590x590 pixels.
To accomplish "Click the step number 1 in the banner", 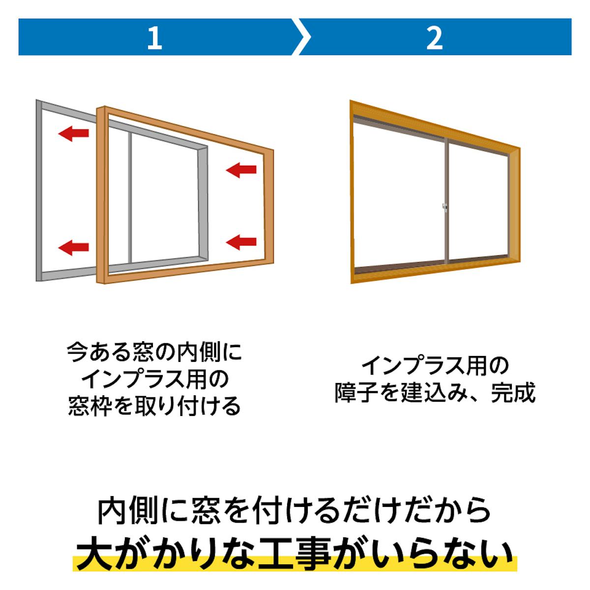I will click(154, 38).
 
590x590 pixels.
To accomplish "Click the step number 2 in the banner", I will click(435, 38).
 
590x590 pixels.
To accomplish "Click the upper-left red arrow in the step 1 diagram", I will click(73, 133).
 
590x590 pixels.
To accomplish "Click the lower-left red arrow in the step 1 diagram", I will click(73, 247).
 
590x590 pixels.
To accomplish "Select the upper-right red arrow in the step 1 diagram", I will click(241, 170).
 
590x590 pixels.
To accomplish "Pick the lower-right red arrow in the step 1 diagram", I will click(241, 241).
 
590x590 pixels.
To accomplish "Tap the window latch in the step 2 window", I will click(444, 207).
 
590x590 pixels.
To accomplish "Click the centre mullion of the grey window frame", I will click(130, 197).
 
